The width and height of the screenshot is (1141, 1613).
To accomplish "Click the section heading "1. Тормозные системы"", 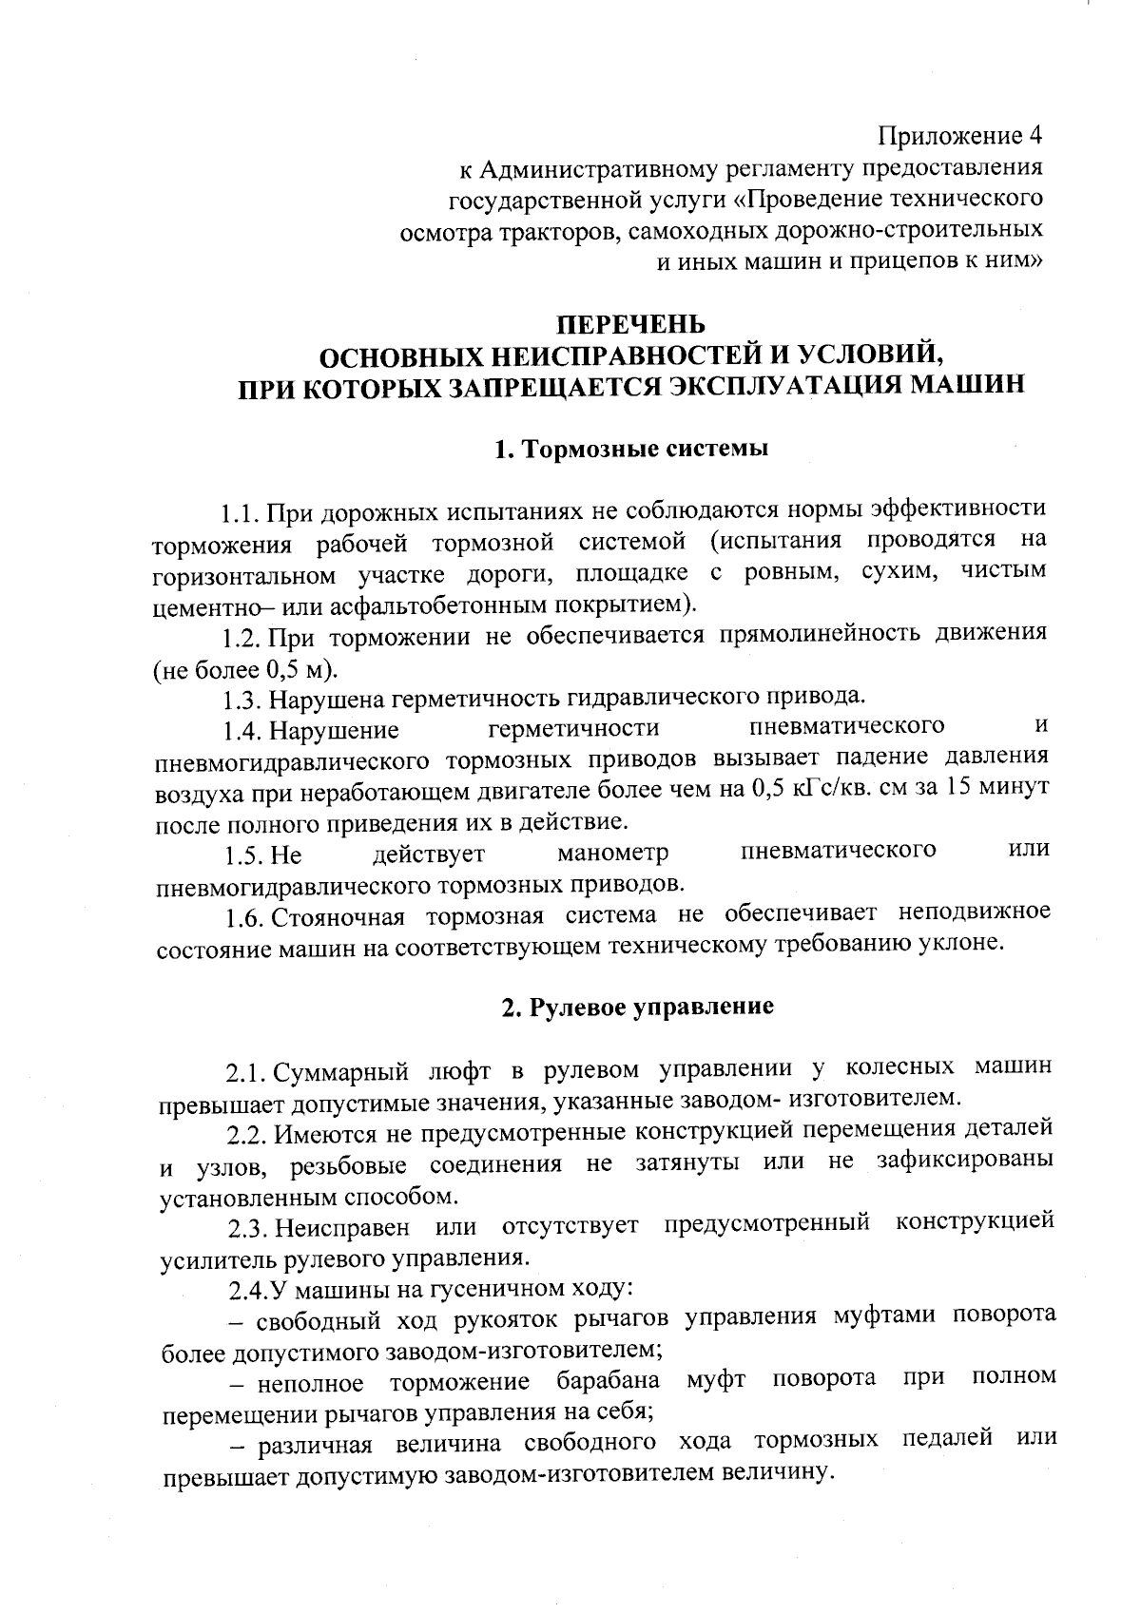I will (x=631, y=449).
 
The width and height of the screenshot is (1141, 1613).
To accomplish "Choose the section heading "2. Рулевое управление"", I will (x=638, y=1007).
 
